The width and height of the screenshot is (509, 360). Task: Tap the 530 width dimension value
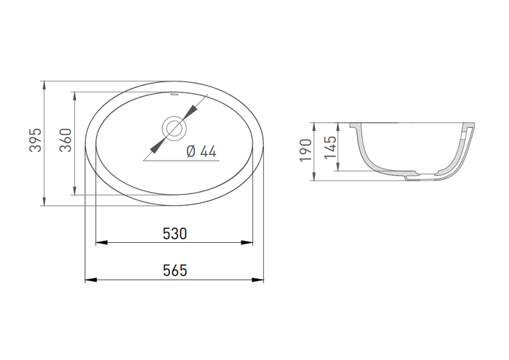coord(175,233)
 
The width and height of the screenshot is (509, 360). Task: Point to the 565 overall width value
coord(175,270)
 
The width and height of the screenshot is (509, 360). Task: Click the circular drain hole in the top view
coord(175,129)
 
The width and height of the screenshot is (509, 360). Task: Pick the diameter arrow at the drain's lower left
coord(154,148)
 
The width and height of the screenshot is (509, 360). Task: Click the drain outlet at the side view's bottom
coord(415,175)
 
